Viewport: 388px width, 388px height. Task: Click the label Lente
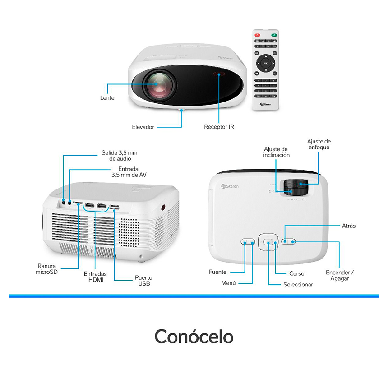[x=107, y=98]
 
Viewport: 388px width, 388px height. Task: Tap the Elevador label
[x=143, y=127]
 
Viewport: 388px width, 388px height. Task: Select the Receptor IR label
[x=219, y=127]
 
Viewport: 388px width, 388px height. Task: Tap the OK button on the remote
[x=266, y=63]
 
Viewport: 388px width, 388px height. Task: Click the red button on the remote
[x=258, y=35]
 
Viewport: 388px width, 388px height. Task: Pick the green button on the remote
[x=273, y=35]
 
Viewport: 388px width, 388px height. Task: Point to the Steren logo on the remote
[x=265, y=104]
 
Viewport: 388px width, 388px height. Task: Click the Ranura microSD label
[x=47, y=269]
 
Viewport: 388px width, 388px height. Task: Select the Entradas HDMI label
[x=95, y=277]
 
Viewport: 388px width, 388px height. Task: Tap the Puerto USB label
[x=143, y=280]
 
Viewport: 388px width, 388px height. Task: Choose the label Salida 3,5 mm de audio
[x=120, y=156]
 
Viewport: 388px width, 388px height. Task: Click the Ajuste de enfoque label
[x=319, y=144]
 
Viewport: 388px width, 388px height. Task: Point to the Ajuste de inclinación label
[x=276, y=152]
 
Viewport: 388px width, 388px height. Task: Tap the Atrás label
[x=349, y=226]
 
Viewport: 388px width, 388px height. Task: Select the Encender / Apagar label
[x=340, y=275]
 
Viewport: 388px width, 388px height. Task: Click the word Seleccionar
[x=298, y=285]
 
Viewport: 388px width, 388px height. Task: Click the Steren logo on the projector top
[x=230, y=186]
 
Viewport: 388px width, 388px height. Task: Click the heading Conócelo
[x=194, y=337]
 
